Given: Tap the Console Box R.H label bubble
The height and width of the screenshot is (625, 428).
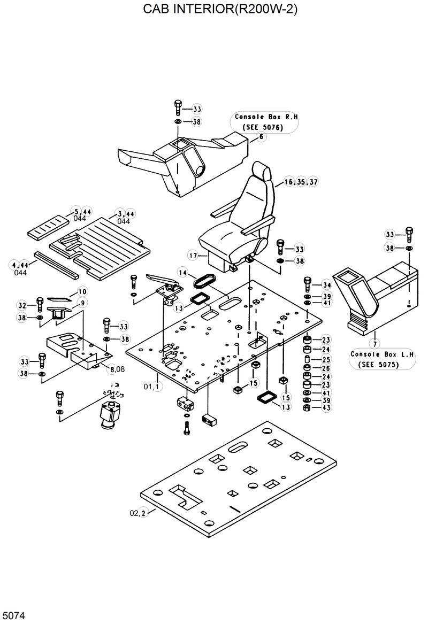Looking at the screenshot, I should tap(266, 122).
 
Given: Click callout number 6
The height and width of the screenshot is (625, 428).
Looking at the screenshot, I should tap(262, 137).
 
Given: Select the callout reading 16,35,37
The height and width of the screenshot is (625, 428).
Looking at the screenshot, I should tap(301, 182).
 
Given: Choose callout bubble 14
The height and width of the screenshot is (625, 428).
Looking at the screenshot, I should tap(182, 273).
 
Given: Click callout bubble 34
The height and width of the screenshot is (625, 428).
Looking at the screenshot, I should tap(327, 284).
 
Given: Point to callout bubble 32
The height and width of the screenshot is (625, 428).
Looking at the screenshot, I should tap(22, 306).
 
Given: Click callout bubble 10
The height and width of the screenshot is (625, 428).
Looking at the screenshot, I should tap(81, 291).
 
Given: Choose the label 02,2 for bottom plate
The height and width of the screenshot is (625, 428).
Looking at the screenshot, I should tap(137, 513).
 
